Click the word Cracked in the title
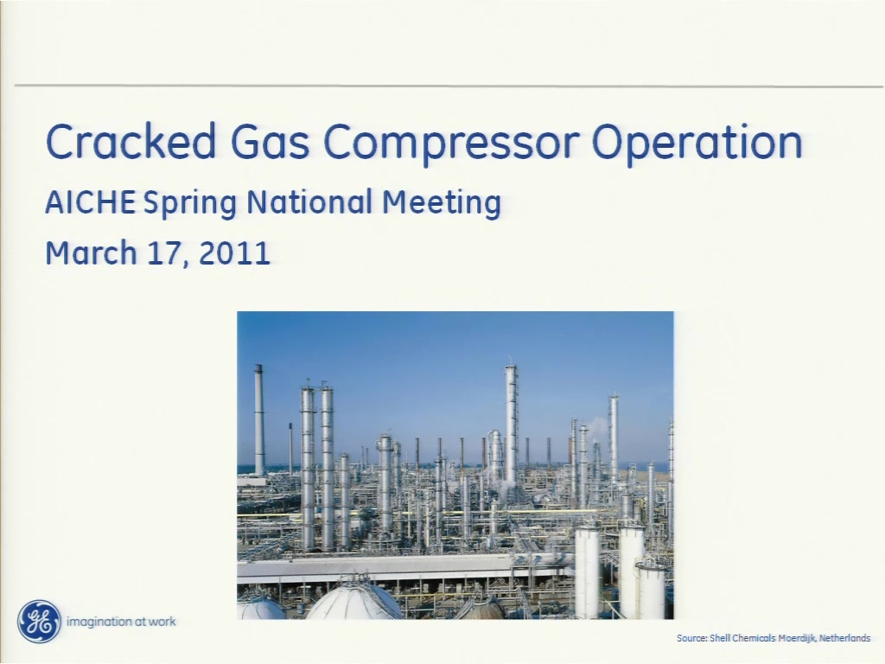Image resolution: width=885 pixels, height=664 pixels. point(131,141)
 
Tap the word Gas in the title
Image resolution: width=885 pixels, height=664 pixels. point(270,141)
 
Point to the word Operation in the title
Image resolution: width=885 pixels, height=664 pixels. point(697,144)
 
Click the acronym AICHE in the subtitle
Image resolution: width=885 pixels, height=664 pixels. point(90,202)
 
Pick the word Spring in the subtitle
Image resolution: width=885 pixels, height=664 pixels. point(189,204)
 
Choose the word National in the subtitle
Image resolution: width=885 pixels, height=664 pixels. point(309,202)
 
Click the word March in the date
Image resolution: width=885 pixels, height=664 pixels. point(91,252)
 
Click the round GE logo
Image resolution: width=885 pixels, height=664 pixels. point(39,621)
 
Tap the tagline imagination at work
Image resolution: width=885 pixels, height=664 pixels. point(121,622)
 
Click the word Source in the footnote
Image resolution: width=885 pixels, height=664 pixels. point(691,638)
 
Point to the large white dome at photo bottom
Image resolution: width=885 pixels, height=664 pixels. point(354,602)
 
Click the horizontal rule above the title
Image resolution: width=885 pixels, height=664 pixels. point(449,86)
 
